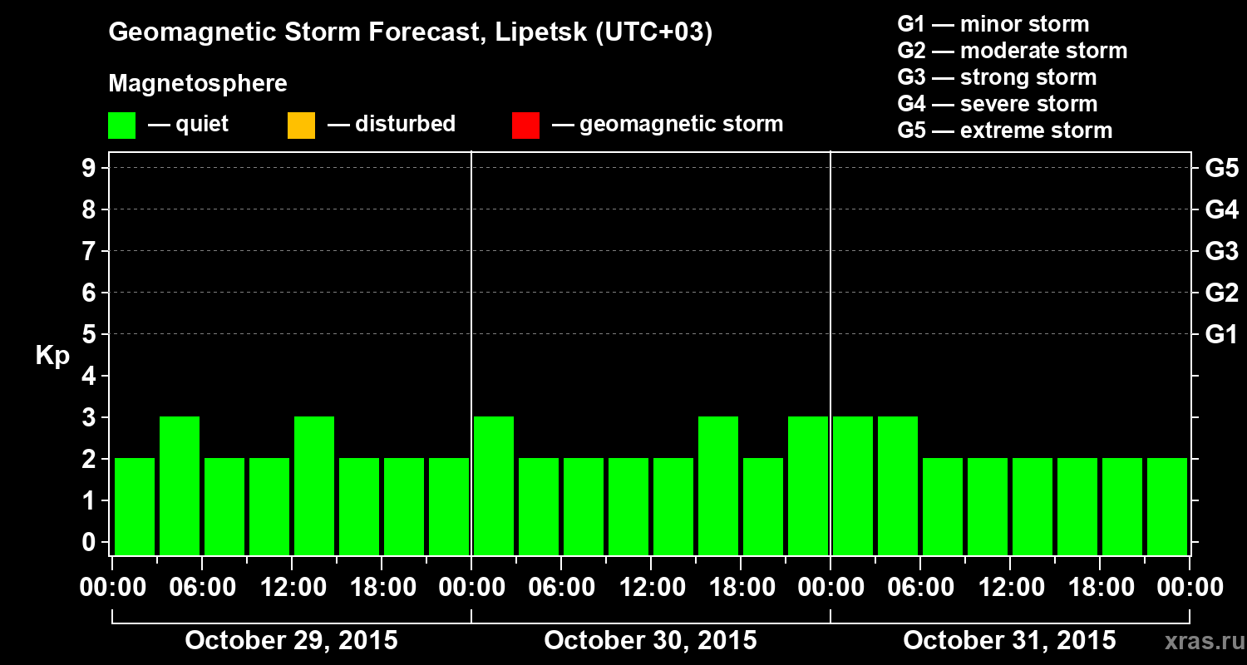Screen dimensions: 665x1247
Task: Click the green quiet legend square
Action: click(121, 125)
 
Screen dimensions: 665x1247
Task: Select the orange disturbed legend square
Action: click(301, 125)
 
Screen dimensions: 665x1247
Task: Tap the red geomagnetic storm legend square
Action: click(525, 125)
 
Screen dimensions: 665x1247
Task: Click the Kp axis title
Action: click(52, 356)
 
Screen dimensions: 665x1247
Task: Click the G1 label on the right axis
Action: click(1221, 334)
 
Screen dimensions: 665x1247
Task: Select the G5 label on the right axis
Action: click(1221, 168)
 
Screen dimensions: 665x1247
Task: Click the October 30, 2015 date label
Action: click(650, 641)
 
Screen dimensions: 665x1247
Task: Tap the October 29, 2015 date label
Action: click(291, 641)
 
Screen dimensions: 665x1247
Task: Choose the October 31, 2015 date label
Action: click(1009, 641)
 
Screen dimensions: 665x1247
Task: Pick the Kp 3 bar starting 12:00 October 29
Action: click(314, 485)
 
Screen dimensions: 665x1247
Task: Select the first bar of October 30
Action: click(494, 485)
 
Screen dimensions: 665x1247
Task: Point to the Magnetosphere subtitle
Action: click(198, 84)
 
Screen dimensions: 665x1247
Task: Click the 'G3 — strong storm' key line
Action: click(997, 77)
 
